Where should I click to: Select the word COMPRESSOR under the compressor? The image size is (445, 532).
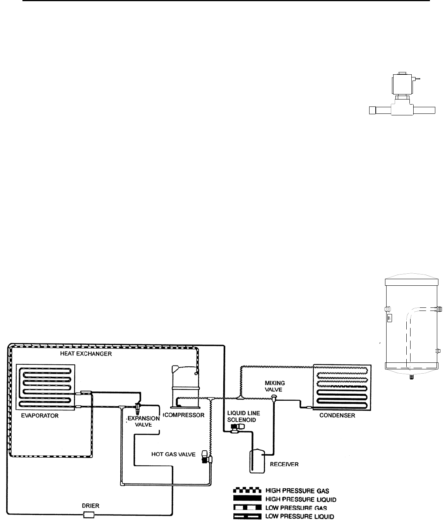pyautogui.click(x=184, y=415)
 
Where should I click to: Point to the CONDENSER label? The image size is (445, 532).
pyautogui.click(x=337, y=416)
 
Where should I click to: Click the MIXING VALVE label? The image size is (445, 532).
pyautogui.click(x=275, y=387)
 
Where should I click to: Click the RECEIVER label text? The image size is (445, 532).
pyautogui.click(x=285, y=464)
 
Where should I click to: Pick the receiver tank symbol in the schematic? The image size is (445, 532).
pyautogui.click(x=257, y=461)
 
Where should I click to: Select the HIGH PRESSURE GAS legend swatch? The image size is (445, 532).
pyautogui.click(x=246, y=491)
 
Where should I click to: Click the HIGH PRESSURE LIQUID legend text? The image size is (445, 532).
pyautogui.click(x=301, y=499)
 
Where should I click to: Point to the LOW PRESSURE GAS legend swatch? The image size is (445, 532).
pyautogui.click(x=246, y=507)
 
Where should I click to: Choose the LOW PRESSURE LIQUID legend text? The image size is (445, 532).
pyautogui.click(x=300, y=516)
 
